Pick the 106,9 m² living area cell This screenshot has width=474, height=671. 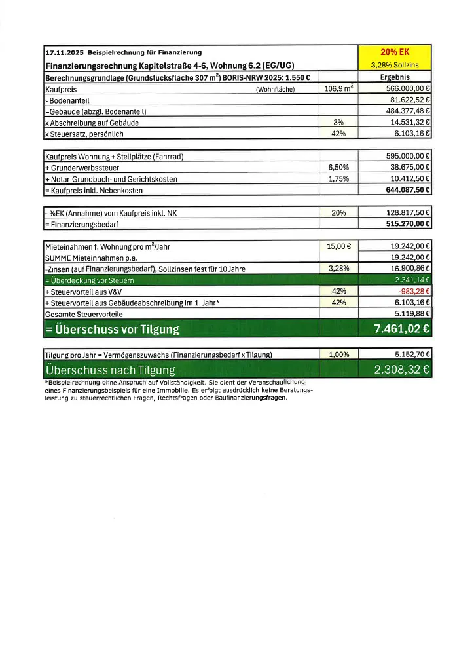[338, 88]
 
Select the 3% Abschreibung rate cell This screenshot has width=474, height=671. [338, 123]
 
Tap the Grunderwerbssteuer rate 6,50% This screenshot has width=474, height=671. [338, 168]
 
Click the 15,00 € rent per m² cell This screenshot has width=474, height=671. [338, 247]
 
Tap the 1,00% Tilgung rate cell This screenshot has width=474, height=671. [338, 355]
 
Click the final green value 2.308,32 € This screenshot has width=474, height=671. [401, 370]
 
